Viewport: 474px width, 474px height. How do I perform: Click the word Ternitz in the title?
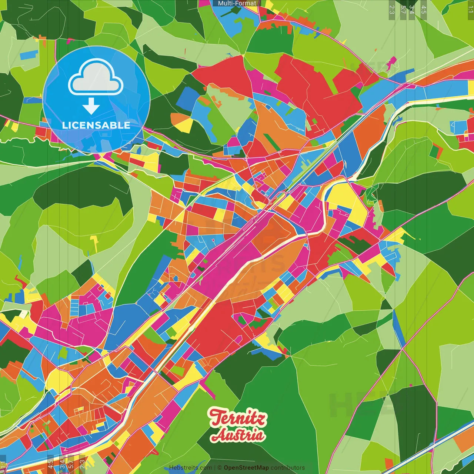(237, 418)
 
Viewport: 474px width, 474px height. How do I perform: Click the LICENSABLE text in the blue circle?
(96, 125)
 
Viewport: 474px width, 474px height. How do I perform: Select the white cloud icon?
(96, 77)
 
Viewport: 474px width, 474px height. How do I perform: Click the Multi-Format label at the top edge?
(237, 3)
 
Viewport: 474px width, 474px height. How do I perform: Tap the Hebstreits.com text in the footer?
(190, 468)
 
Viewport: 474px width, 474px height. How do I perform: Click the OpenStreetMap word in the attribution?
(246, 468)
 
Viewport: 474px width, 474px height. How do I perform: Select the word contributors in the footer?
(288, 468)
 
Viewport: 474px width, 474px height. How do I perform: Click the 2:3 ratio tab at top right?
(391, 10)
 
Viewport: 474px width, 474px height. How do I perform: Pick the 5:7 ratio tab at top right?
(403, 10)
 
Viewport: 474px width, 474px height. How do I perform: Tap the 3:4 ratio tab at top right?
(411, 10)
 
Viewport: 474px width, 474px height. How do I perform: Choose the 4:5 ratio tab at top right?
(424, 10)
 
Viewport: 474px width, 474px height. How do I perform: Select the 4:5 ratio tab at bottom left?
(50, 463)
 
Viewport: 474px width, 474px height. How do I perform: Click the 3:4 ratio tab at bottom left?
(62, 463)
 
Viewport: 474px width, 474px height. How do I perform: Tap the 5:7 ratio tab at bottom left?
(71, 463)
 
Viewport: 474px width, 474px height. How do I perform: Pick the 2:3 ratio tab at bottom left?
(82, 463)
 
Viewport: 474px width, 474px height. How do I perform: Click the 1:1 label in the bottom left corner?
(3, 464)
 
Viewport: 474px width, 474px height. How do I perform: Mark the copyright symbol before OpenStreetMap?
(219, 468)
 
